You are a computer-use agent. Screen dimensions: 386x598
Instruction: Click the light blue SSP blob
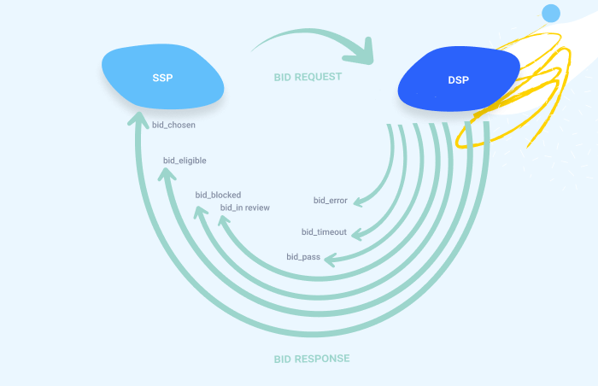click(x=162, y=78)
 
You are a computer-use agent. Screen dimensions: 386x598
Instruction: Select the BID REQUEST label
click(x=308, y=77)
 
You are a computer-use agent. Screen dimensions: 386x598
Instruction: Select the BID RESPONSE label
click(x=312, y=359)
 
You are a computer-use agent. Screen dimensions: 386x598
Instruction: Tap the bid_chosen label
click(x=173, y=126)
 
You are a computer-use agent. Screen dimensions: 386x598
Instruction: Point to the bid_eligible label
click(x=185, y=160)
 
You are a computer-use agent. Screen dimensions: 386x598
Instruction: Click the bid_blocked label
click(x=218, y=195)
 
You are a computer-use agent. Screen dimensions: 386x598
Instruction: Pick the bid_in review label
click(x=246, y=208)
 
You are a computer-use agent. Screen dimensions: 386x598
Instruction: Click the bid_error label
click(x=330, y=201)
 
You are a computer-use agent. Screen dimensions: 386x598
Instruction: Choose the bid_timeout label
click(x=324, y=231)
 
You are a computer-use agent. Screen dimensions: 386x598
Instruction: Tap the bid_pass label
click(x=303, y=256)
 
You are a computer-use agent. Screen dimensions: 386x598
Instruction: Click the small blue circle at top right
click(x=551, y=13)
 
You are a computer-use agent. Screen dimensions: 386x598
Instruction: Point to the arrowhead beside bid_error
click(x=357, y=202)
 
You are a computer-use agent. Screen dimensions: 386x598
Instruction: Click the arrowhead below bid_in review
click(x=224, y=221)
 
